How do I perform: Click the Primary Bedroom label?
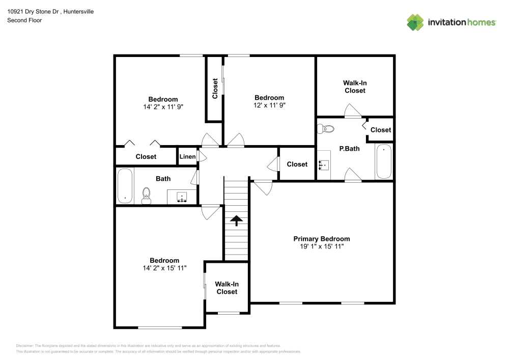321,239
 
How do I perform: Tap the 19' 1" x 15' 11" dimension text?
321,246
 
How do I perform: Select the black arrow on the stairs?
236,220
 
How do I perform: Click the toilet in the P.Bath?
326,129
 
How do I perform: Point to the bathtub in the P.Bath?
384,161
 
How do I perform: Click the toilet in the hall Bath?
147,196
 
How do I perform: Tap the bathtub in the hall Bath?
125,186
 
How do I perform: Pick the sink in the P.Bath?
324,165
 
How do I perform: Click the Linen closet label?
188,156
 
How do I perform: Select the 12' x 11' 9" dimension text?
269,105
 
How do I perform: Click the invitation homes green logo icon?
415,22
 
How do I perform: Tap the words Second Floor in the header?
24,20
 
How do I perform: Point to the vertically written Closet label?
215,88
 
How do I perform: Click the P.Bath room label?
349,149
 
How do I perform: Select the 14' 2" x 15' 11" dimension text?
164,268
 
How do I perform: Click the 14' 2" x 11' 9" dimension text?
163,107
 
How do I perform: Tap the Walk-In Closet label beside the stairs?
227,288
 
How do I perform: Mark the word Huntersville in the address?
78,12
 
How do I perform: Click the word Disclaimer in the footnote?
24,346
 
